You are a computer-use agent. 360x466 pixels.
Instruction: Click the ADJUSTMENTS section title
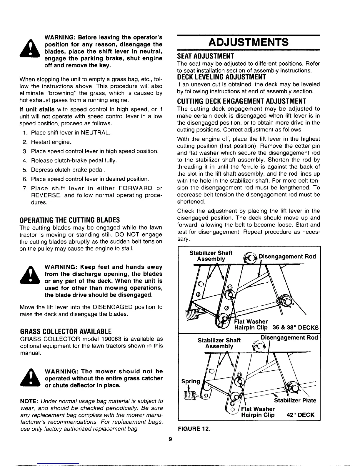tap(248, 42)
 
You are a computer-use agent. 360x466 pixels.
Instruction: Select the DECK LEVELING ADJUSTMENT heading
tap(221, 77)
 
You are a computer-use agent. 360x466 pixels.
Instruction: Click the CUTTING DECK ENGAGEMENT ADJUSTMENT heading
tap(242, 101)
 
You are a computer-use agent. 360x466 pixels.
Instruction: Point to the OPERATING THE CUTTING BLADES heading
tap(69, 220)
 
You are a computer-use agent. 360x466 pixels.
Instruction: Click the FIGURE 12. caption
tap(194, 429)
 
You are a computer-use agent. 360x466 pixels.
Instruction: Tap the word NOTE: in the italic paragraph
tap(29, 402)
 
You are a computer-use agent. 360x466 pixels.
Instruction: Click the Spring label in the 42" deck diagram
tap(191, 382)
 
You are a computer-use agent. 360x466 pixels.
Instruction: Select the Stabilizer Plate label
tap(295, 400)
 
